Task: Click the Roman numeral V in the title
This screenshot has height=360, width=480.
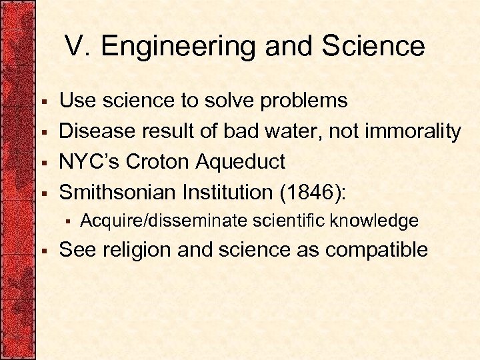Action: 75,46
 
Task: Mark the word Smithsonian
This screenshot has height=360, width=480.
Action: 117,193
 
